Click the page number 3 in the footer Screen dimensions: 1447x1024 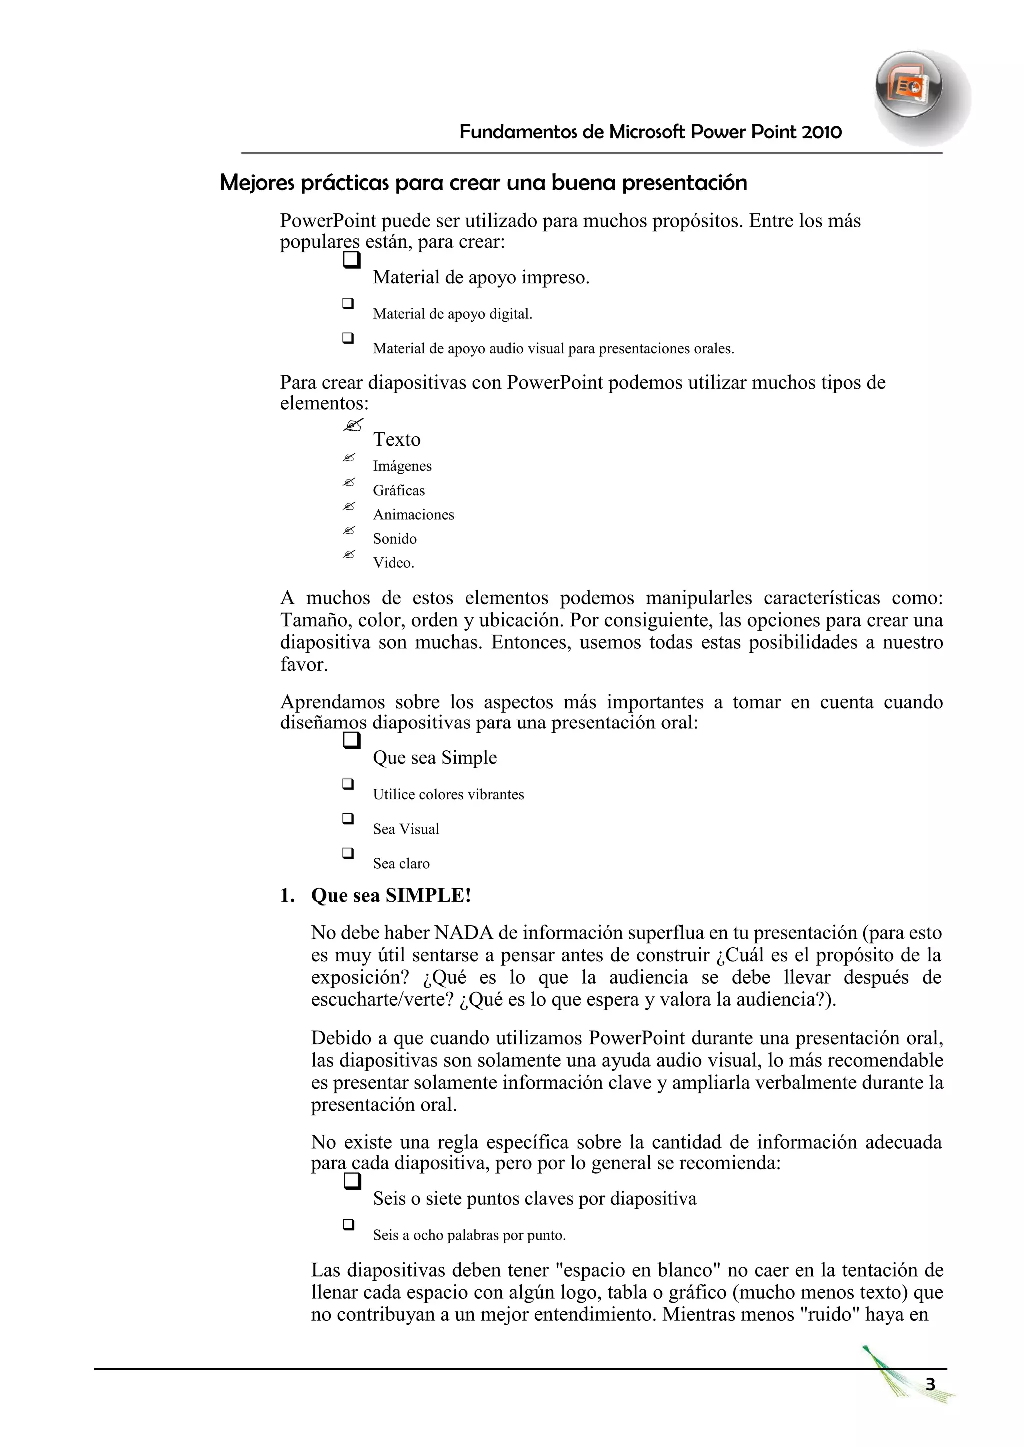(930, 1384)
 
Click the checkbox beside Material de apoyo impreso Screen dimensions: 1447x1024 (352, 260)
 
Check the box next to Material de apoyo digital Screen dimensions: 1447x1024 (348, 303)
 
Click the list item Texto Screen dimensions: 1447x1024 (396, 439)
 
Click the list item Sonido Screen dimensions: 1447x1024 (394, 538)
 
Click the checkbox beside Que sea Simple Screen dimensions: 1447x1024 (352, 740)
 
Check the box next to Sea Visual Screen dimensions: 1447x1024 (348, 818)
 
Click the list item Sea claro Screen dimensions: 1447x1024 (401, 863)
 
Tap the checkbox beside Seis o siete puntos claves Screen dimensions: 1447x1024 (352, 1180)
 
